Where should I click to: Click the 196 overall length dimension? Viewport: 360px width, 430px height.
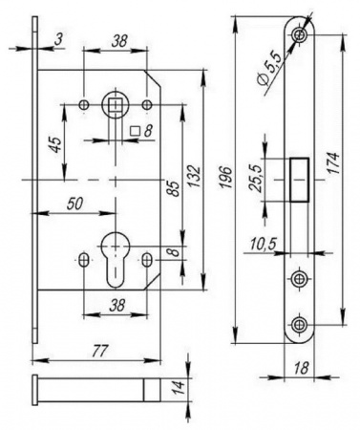tap(226, 177)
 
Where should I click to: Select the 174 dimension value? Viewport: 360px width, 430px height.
tap(333, 162)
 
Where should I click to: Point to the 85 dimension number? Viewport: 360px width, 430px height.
tap(175, 189)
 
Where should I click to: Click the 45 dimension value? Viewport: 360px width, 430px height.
tap(55, 144)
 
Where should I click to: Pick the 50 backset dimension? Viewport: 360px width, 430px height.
tap(75, 204)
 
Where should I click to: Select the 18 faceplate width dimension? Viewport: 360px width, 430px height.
tap(300, 368)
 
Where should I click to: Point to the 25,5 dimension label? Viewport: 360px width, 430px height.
tap(256, 178)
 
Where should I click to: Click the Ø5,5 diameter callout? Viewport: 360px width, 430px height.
tap(270, 70)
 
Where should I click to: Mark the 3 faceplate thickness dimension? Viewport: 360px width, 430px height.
tap(58, 39)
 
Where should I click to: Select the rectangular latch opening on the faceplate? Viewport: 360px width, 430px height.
tap(299, 180)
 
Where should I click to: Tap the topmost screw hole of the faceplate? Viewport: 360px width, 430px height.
tap(299, 33)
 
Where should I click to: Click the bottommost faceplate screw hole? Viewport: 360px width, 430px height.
tap(298, 325)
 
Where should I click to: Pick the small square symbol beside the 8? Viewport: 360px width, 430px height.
tap(136, 131)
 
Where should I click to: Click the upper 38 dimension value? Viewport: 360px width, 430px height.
tap(119, 40)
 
